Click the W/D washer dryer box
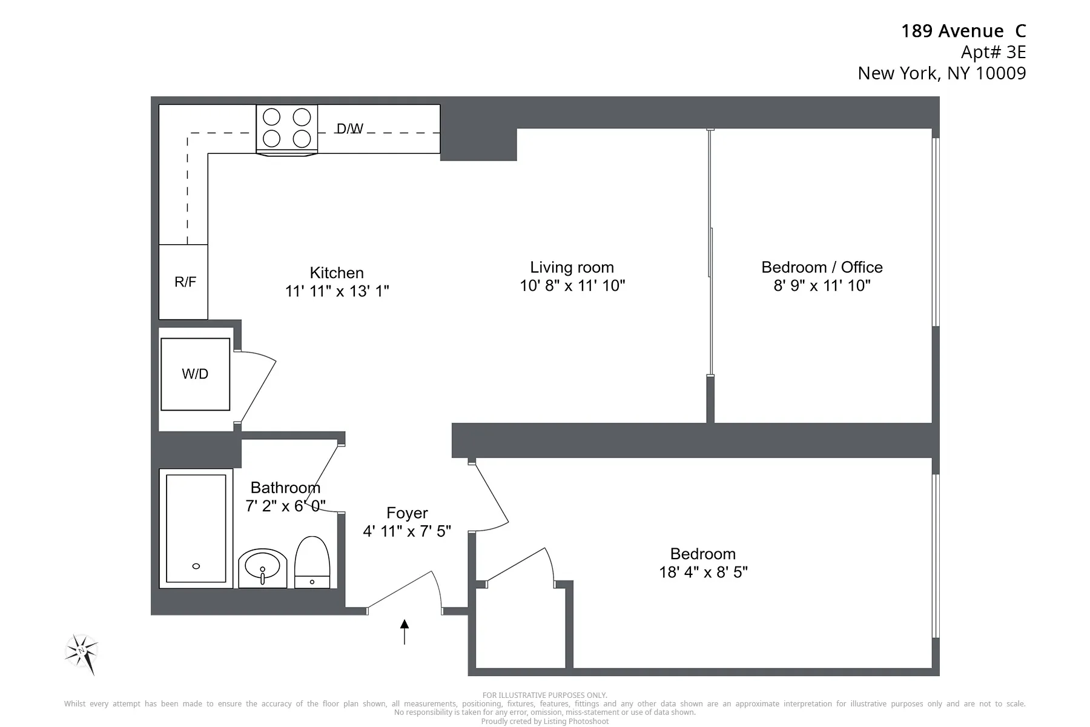(195, 374)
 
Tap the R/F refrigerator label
(185, 282)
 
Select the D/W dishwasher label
(349, 128)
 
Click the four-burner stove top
(286, 128)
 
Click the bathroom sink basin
(262, 568)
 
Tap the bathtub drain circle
(196, 566)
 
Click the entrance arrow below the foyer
(405, 631)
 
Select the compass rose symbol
(82, 653)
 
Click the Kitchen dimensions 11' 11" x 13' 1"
(337, 291)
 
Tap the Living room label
(572, 267)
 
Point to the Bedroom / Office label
(822, 267)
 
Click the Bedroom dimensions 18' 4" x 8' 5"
(703, 572)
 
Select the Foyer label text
(407, 513)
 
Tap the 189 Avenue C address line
(963, 31)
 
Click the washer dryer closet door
(257, 388)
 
